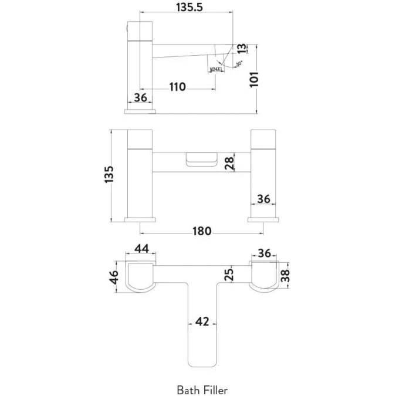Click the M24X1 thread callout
point(216,70)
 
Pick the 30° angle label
point(239,63)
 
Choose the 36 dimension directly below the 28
point(263,199)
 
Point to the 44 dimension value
point(141,249)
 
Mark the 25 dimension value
point(229,273)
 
